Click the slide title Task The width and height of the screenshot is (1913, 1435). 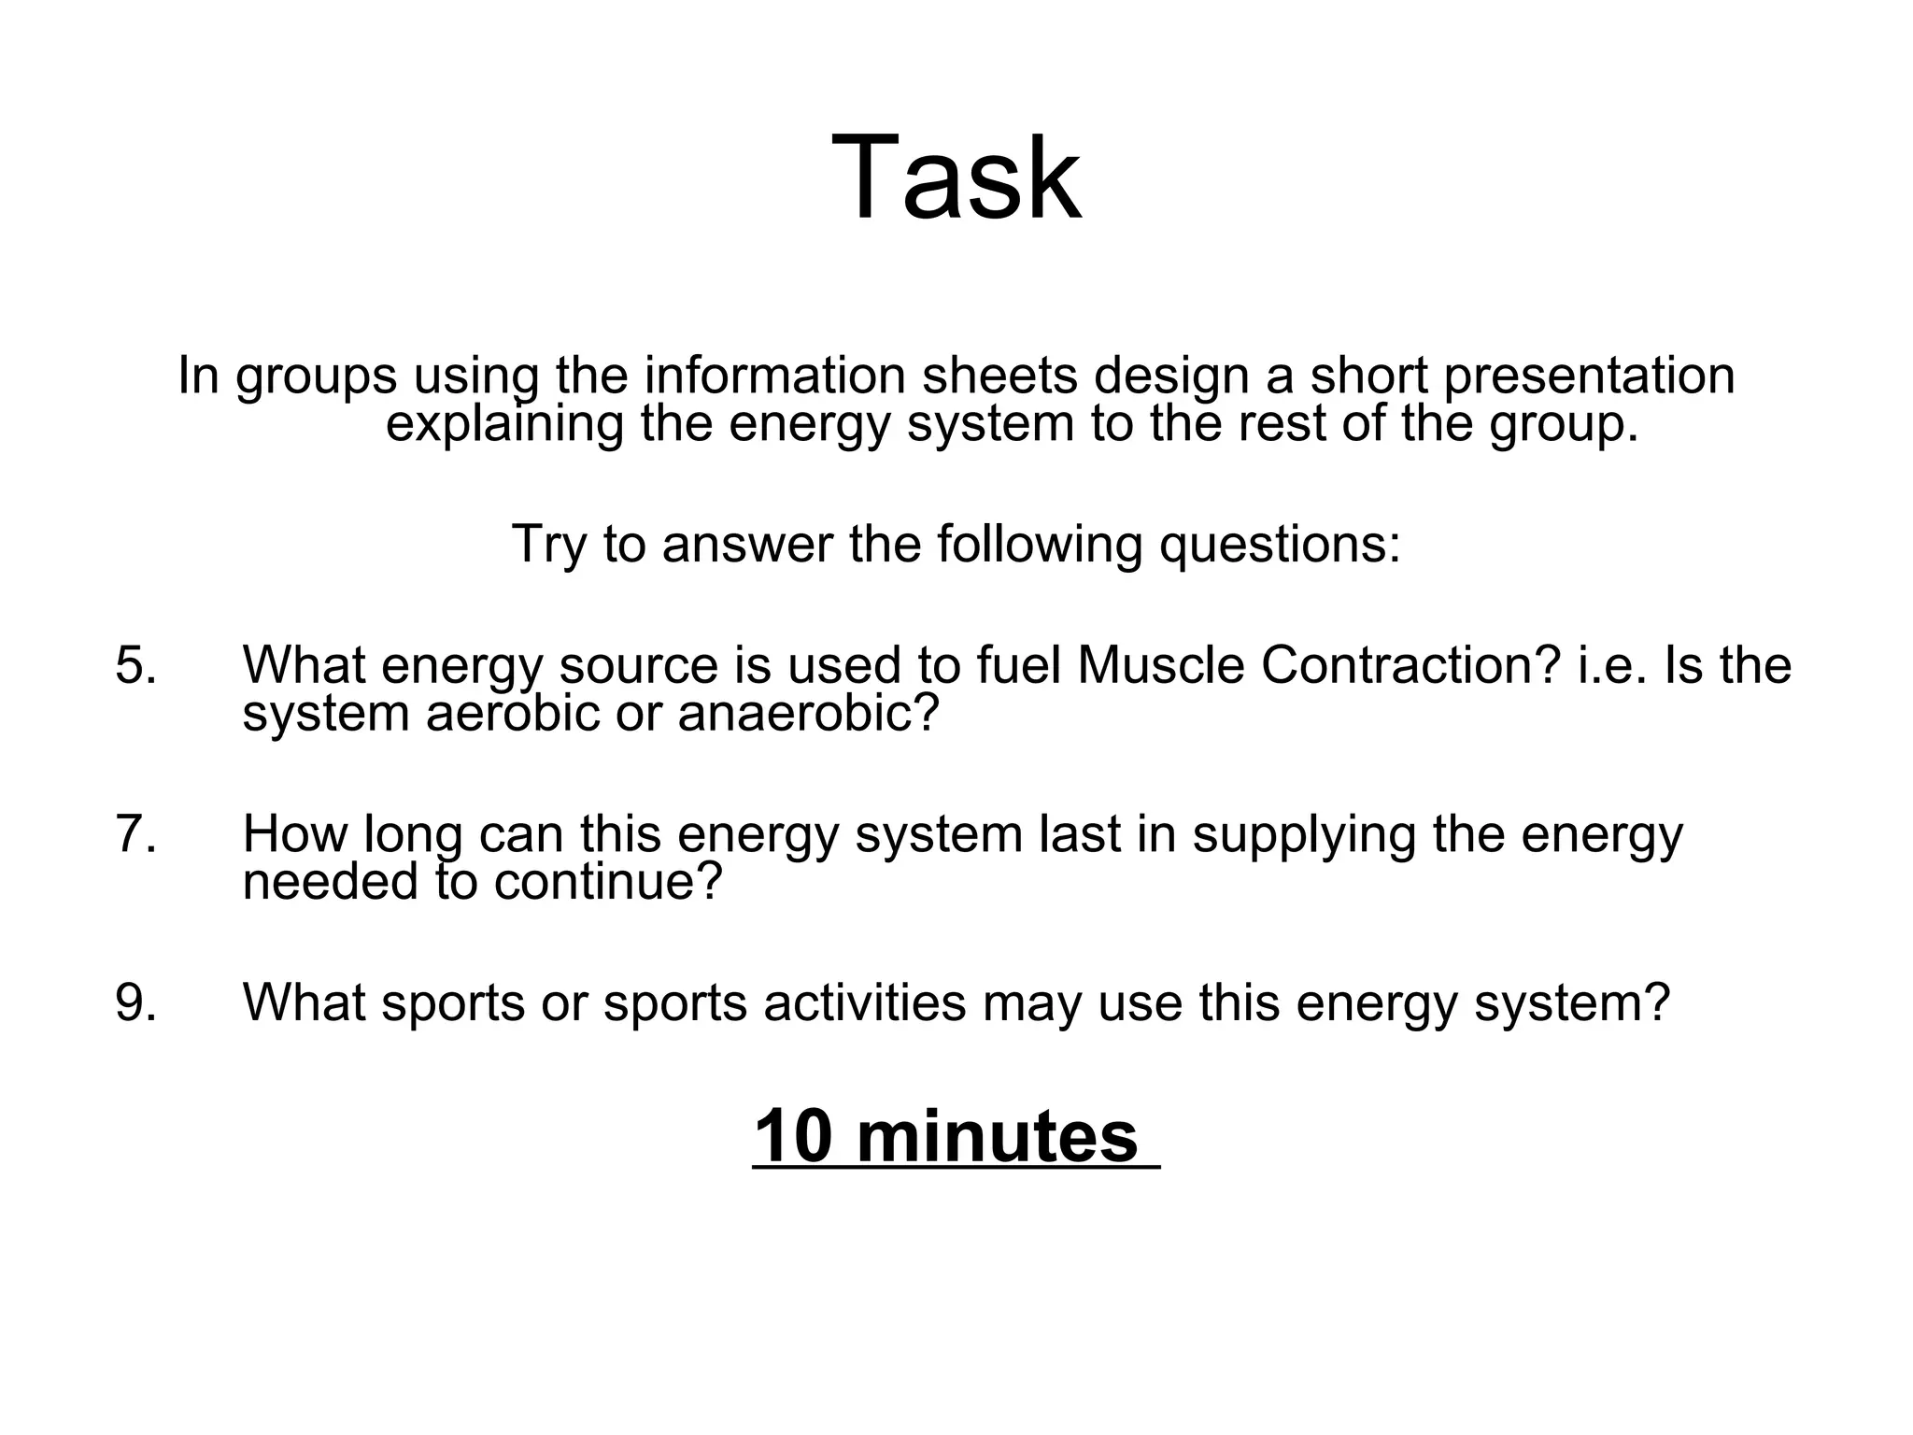click(956, 178)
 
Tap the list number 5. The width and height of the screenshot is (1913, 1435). click(136, 666)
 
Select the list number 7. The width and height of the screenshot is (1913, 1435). click(136, 834)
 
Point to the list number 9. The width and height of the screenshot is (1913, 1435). click(136, 1002)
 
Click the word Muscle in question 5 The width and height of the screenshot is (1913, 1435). click(1160, 666)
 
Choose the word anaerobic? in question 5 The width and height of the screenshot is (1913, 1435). click(808, 714)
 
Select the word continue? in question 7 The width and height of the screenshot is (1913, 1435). click(608, 881)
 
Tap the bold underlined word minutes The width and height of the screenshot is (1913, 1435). click(997, 1137)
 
